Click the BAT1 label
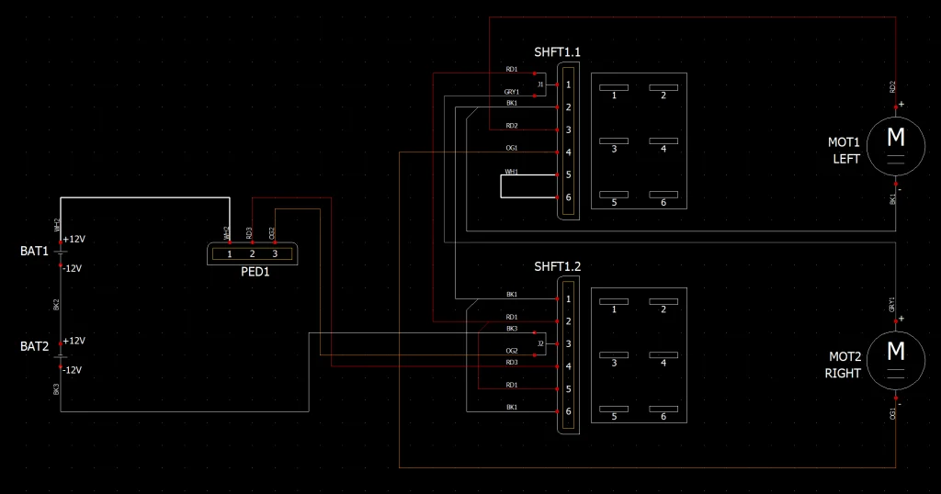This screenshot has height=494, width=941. [35, 251]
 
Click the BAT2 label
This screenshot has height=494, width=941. [35, 346]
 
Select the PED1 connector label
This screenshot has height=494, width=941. [255, 272]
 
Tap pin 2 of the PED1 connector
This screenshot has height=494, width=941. [252, 253]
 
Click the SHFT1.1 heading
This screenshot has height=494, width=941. [557, 52]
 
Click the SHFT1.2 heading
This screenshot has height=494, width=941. [557, 266]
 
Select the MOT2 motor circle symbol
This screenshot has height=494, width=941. [894, 352]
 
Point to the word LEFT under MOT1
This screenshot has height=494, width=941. [846, 159]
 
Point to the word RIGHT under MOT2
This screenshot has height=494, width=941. [843, 374]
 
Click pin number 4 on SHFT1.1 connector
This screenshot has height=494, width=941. [569, 152]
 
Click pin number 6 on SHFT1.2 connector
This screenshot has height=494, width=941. [569, 411]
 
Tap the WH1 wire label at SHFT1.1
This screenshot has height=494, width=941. [512, 171]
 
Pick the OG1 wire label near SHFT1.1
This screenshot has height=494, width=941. [512, 148]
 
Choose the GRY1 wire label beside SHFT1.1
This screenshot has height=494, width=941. [512, 92]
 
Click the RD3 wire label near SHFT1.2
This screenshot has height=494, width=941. [512, 363]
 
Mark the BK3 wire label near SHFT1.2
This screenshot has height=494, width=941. [512, 329]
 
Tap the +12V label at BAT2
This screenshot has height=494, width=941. [74, 341]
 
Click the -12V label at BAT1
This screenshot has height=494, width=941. [73, 269]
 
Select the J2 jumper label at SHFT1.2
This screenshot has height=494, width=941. [541, 343]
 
